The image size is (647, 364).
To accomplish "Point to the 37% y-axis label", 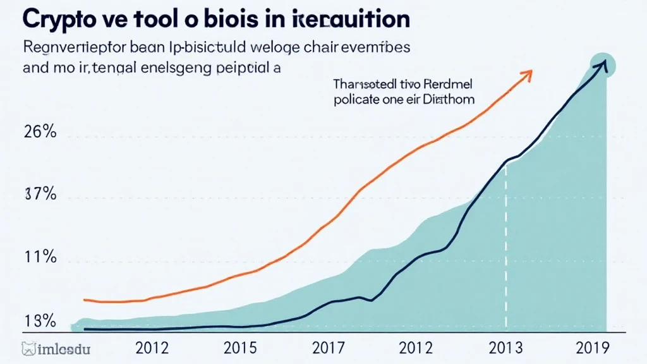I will tap(41, 195).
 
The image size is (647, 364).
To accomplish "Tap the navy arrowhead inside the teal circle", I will tap(603, 64).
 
